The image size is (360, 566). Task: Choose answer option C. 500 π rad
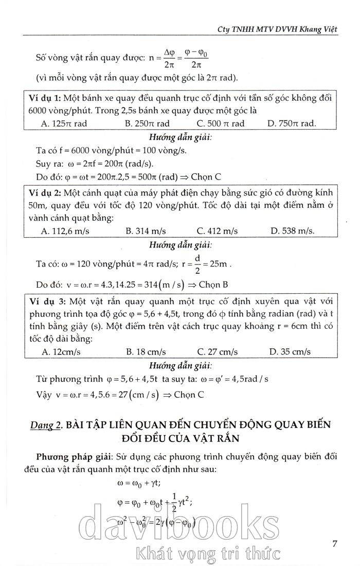pos(221,123)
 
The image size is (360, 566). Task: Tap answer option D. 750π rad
pos(292,123)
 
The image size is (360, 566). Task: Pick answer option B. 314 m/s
pos(146,231)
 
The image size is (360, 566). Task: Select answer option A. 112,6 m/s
pos(65,231)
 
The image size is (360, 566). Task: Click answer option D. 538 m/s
pos(293,231)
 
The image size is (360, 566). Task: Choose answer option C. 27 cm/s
pos(218,352)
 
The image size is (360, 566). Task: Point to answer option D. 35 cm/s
pos(290,352)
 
